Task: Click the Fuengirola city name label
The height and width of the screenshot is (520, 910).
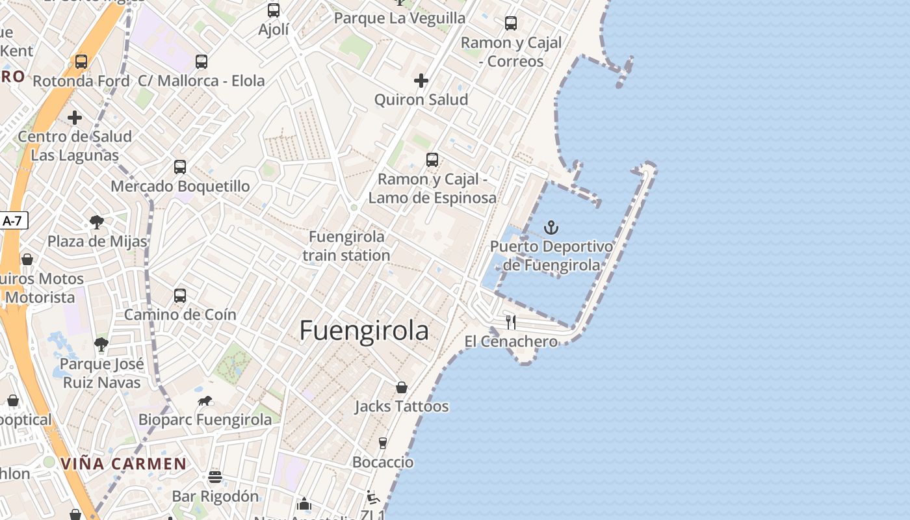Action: (x=364, y=331)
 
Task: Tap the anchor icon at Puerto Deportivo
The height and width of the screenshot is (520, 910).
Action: (x=551, y=227)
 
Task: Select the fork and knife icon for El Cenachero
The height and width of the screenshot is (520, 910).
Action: (x=511, y=322)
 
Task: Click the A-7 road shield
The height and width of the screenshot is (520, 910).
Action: (x=12, y=221)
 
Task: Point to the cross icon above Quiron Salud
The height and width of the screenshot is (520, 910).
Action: (x=421, y=81)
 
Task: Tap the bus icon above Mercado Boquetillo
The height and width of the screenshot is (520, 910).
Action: (x=180, y=166)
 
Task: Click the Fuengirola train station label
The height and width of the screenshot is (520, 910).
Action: (x=346, y=246)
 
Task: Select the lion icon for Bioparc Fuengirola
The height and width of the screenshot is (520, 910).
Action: (x=205, y=400)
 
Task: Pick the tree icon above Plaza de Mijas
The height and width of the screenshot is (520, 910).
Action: (x=97, y=222)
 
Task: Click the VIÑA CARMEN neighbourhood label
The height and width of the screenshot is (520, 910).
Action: (x=123, y=464)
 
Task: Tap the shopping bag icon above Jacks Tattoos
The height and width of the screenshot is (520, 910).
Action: (x=402, y=387)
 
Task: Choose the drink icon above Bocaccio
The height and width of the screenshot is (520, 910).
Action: (x=383, y=443)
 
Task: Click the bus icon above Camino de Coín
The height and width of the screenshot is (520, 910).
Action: (x=180, y=296)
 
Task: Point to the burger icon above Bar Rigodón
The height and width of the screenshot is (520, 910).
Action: (x=215, y=477)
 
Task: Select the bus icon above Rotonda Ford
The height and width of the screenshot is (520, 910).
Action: (x=81, y=62)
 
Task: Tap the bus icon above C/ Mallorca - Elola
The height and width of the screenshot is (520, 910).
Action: (x=201, y=62)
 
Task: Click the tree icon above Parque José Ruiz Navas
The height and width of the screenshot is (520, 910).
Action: (x=101, y=344)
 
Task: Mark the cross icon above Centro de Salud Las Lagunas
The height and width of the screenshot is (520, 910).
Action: (x=75, y=118)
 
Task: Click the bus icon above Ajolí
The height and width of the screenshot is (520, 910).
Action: (x=274, y=10)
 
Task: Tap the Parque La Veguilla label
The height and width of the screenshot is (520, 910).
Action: (x=400, y=18)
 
